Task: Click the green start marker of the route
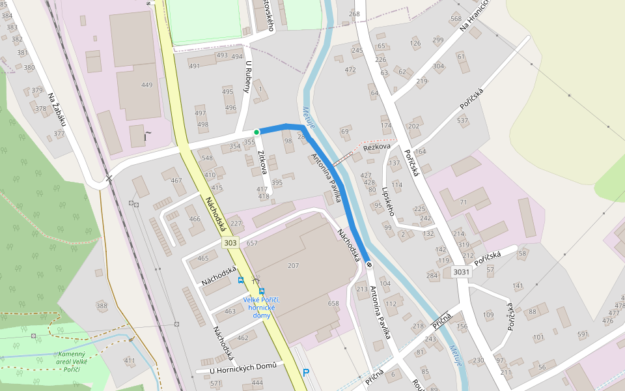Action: [x=257, y=132]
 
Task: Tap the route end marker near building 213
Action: [x=369, y=265]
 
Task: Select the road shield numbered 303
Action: [x=229, y=243]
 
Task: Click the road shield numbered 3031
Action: [x=461, y=272]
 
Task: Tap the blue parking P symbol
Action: [x=305, y=373]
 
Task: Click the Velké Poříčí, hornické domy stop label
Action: [x=262, y=307]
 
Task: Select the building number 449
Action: [x=146, y=85]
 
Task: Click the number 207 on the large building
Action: [x=293, y=266]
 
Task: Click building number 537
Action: [x=463, y=121]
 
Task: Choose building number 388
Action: [x=102, y=306]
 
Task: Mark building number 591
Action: [x=583, y=334]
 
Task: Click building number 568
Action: [x=456, y=18]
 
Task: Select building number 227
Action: [x=236, y=224]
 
